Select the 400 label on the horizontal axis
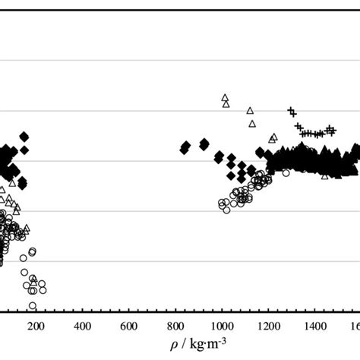tap(83, 328)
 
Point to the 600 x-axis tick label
tap(129, 328)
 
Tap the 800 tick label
tap(175, 328)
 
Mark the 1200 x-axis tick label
tap(267, 328)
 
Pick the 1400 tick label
tap(314, 328)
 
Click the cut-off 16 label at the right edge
tap(355, 328)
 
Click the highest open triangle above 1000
tap(224, 97)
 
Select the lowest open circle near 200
tap(33, 306)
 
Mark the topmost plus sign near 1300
tap(290, 111)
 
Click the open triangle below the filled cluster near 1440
tap(325, 175)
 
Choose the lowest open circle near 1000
tap(226, 210)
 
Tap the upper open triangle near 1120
tap(250, 110)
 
